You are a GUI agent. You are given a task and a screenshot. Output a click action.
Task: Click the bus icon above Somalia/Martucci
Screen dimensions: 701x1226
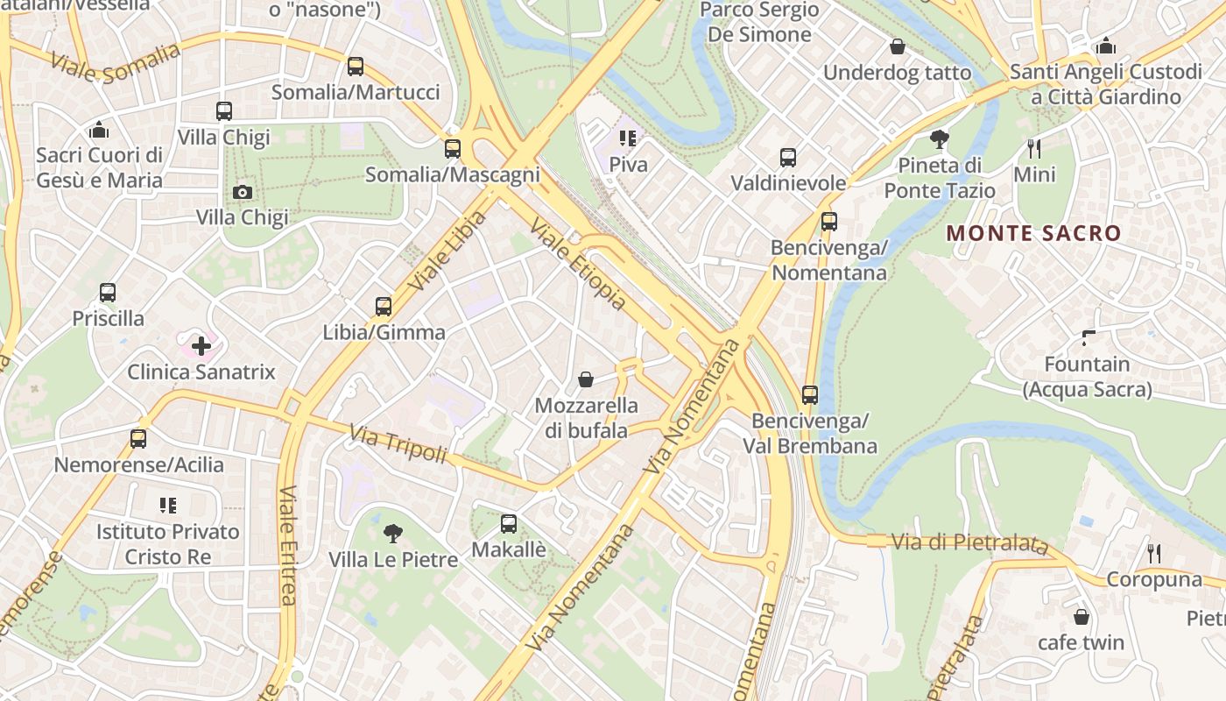tap(355, 66)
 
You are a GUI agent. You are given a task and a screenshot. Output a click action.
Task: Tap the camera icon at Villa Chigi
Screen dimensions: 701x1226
tap(243, 192)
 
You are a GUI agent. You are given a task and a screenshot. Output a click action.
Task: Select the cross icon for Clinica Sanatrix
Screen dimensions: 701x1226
tap(201, 345)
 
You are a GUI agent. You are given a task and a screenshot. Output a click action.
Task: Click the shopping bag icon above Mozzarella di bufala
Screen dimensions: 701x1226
tap(586, 379)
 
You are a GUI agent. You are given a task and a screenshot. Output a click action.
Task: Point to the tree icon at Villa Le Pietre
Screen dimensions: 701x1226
tap(393, 533)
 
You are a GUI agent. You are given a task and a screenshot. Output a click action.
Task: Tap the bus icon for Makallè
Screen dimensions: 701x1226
tap(509, 524)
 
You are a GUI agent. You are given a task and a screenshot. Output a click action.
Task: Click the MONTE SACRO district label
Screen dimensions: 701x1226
tap(1033, 233)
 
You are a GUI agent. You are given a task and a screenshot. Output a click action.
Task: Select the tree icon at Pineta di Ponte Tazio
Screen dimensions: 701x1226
tap(940, 139)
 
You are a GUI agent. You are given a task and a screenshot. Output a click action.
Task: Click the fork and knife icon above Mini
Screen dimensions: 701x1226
tap(1033, 148)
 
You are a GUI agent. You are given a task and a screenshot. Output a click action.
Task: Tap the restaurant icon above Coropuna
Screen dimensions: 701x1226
tap(1154, 553)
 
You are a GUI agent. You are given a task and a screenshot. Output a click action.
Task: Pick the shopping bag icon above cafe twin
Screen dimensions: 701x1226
tap(1082, 616)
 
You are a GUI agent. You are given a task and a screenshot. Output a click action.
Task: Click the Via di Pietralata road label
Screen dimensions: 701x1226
tap(969, 543)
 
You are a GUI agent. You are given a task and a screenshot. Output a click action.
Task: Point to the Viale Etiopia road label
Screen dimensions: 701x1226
tap(579, 264)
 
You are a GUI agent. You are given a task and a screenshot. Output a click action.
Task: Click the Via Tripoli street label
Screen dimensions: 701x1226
tap(398, 444)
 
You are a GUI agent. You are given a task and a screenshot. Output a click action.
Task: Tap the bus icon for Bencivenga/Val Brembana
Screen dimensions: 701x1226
tap(810, 395)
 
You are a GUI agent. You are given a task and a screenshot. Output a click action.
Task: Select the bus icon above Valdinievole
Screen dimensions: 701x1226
tap(788, 158)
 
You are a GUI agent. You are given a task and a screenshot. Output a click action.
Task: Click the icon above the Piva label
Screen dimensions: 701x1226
tap(628, 138)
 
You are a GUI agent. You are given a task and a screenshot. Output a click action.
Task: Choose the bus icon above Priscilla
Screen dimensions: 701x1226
tap(108, 293)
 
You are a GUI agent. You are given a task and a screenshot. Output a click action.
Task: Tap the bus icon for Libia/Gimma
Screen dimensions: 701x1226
tap(384, 306)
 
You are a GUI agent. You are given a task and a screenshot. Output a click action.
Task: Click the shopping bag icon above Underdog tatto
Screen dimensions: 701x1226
tap(898, 46)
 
